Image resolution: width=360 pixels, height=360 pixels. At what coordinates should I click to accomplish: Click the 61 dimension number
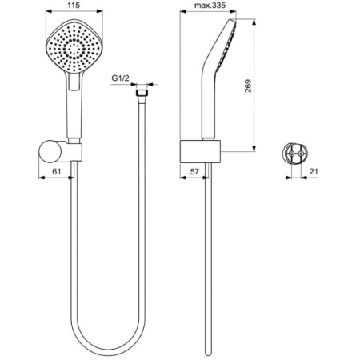point(55,170)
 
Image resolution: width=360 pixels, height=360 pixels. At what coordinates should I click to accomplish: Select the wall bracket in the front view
point(66,149)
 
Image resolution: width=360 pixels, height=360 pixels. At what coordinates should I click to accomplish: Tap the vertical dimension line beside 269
point(255,88)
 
